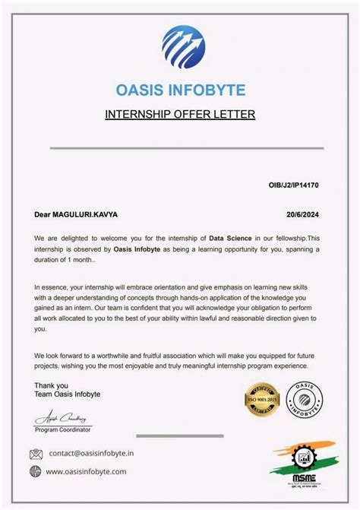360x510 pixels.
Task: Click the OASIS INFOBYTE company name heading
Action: [x=180, y=90]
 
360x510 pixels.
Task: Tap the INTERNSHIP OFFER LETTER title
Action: [x=179, y=115]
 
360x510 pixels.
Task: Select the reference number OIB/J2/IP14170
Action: [x=294, y=185]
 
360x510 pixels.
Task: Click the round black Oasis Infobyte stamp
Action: [x=308, y=398]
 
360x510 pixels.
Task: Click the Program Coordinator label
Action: [x=62, y=430]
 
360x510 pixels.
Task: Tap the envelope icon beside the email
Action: [x=36, y=454]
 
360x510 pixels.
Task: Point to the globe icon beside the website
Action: [x=36, y=471]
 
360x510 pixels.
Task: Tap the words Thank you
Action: [x=51, y=385]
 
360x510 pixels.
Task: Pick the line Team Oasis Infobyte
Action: [x=67, y=394]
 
